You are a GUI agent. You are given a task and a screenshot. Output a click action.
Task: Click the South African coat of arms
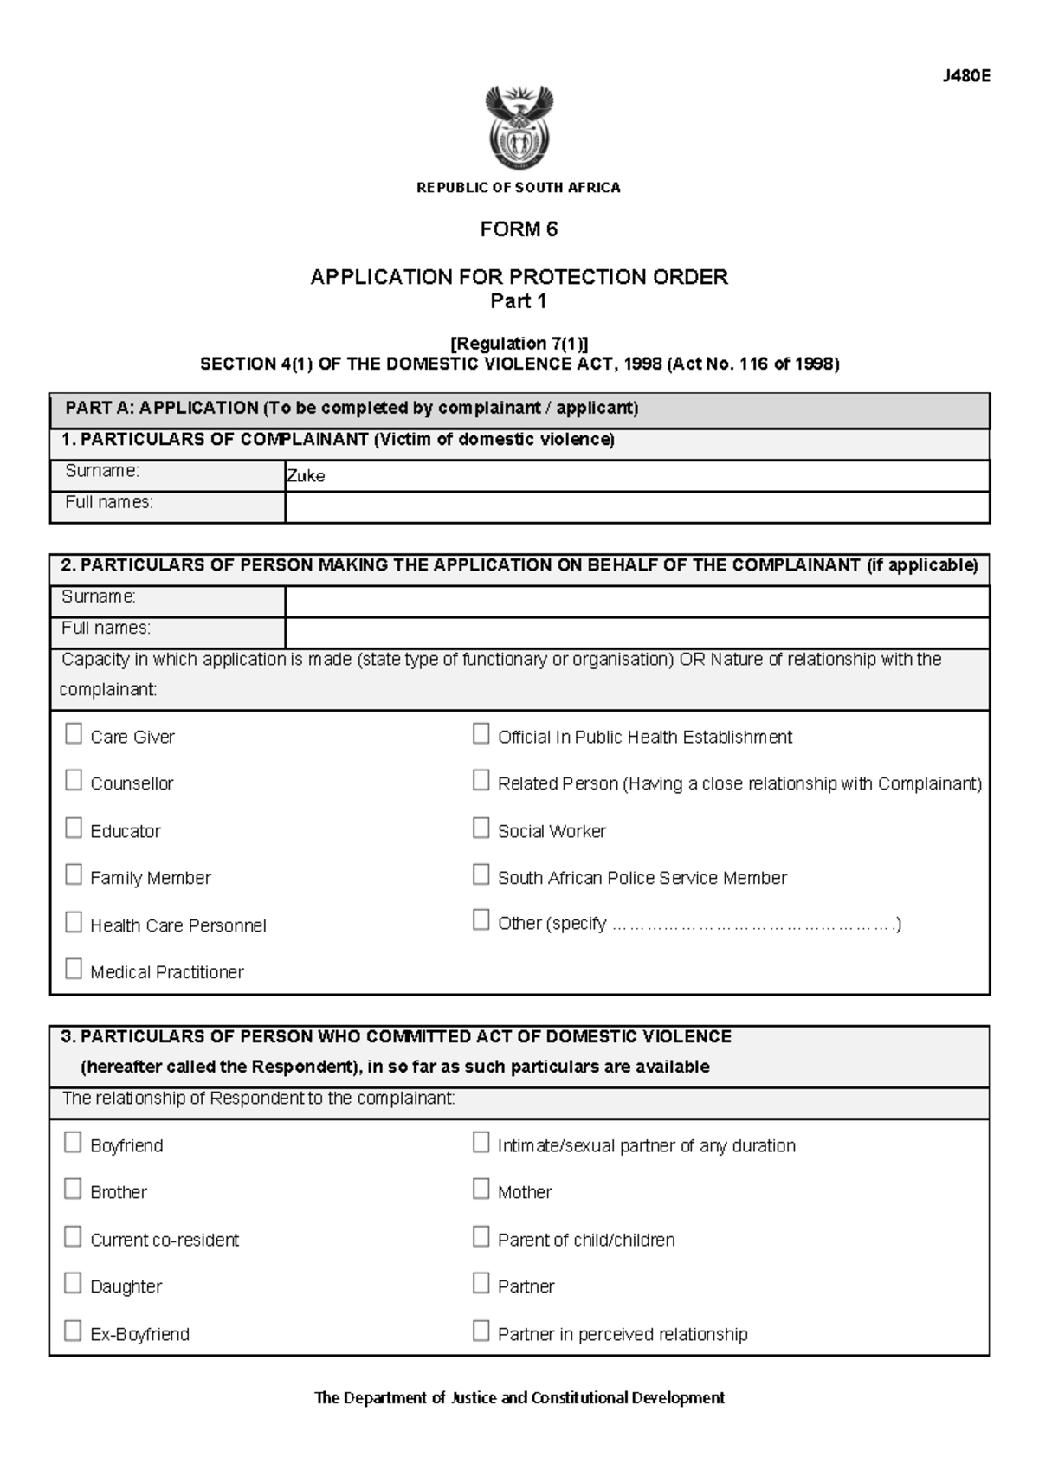(519, 127)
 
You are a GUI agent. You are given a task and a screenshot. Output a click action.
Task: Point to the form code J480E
(966, 76)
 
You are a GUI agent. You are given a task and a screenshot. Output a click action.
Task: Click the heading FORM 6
(519, 229)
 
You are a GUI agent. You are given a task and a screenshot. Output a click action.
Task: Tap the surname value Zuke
(306, 476)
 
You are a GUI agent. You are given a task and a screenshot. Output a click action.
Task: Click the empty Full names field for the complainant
(636, 507)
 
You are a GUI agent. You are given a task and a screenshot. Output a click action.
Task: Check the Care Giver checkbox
(74, 734)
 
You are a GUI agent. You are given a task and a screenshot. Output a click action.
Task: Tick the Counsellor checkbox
(74, 781)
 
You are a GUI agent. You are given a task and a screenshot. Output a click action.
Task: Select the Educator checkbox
(74, 828)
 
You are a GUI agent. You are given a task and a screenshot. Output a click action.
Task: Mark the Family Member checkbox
(74, 875)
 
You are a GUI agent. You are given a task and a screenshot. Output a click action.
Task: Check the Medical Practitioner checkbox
(74, 969)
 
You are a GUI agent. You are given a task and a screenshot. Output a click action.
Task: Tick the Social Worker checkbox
(481, 828)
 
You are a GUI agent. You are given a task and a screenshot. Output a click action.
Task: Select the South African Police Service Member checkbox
(481, 875)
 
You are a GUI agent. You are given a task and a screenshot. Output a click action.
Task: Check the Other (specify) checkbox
(481, 920)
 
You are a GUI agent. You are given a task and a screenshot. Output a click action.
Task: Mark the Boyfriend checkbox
(74, 1143)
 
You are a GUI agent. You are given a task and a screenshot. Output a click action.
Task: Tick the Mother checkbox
(481, 1190)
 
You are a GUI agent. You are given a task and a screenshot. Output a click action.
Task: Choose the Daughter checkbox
(74, 1283)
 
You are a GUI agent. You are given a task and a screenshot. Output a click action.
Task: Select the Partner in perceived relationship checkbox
(481, 1331)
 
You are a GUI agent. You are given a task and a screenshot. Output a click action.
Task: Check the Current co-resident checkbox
(74, 1236)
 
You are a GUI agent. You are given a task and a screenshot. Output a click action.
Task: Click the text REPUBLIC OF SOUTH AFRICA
(519, 188)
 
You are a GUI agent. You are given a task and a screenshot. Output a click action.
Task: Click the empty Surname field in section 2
(636, 602)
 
